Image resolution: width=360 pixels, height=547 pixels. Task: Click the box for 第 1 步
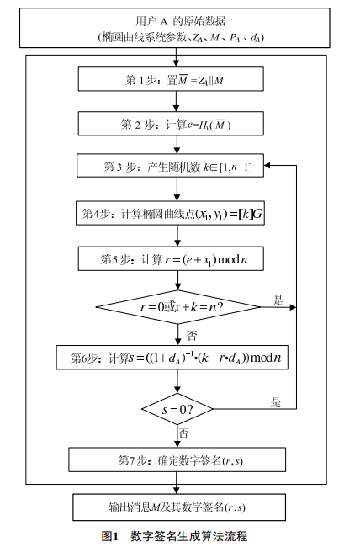coord(171,79)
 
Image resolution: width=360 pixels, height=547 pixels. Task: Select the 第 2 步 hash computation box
coord(171,124)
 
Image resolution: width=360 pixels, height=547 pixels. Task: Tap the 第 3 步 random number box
coord(170,166)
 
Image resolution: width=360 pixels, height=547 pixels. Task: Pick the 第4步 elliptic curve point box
coord(170,213)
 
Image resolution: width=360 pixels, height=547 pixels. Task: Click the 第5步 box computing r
coord(171,258)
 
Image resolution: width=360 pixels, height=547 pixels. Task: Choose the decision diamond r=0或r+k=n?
coord(178,307)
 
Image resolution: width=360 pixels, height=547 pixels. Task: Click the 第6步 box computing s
coord(172,357)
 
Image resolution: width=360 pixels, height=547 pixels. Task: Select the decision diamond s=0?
coord(177,409)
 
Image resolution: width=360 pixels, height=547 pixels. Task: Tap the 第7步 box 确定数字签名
coord(177,459)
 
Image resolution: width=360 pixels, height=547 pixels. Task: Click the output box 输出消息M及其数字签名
coord(179,507)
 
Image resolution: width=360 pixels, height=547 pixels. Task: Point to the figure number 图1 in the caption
coord(110,536)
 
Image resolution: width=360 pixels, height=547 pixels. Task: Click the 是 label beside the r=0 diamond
coord(278,300)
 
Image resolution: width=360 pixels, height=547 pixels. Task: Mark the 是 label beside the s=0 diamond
coord(276,402)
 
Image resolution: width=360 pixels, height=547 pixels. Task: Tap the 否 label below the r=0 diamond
coord(192,336)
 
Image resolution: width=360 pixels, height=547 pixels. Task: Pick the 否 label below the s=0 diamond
coord(183,433)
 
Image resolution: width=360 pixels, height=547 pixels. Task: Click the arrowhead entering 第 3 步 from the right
coord(267,166)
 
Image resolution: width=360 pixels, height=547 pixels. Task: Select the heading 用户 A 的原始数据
coord(181,21)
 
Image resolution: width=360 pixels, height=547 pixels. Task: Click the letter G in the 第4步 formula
coord(257,214)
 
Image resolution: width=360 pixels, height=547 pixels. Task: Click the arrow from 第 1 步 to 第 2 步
coord(176,101)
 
